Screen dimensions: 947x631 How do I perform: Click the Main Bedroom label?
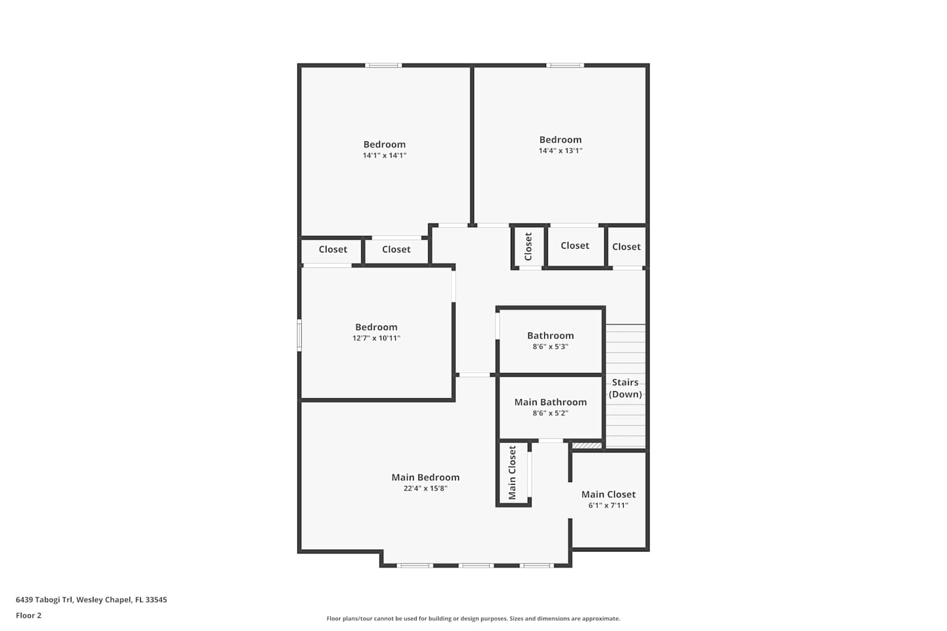pos(426,477)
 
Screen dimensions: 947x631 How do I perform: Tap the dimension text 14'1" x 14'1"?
pos(384,155)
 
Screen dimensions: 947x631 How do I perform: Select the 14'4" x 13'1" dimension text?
pos(560,150)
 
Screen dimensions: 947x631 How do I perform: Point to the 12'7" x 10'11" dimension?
pos(376,338)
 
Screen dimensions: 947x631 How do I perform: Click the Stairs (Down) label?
pos(625,388)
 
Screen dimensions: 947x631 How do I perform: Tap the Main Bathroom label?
pos(551,402)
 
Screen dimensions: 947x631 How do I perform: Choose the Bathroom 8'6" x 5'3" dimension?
pos(550,346)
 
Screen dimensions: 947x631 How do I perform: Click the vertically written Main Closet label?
pos(513,473)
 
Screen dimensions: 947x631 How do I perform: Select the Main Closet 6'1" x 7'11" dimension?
pos(608,505)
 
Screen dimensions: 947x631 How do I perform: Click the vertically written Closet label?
pos(528,246)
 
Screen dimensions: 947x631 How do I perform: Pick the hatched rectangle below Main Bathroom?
pos(587,445)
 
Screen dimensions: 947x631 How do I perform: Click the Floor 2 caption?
pos(29,615)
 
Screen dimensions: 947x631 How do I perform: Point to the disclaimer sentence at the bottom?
pos(473,618)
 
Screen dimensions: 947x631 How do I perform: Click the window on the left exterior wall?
pos(299,335)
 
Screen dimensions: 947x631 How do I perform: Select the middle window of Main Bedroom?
pos(476,565)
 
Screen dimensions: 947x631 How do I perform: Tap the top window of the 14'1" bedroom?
pos(383,66)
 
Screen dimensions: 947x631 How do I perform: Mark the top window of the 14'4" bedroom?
pos(565,66)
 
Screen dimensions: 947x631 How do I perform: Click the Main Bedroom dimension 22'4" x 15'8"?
pos(426,488)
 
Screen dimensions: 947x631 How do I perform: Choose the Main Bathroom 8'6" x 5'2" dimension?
pos(550,413)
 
